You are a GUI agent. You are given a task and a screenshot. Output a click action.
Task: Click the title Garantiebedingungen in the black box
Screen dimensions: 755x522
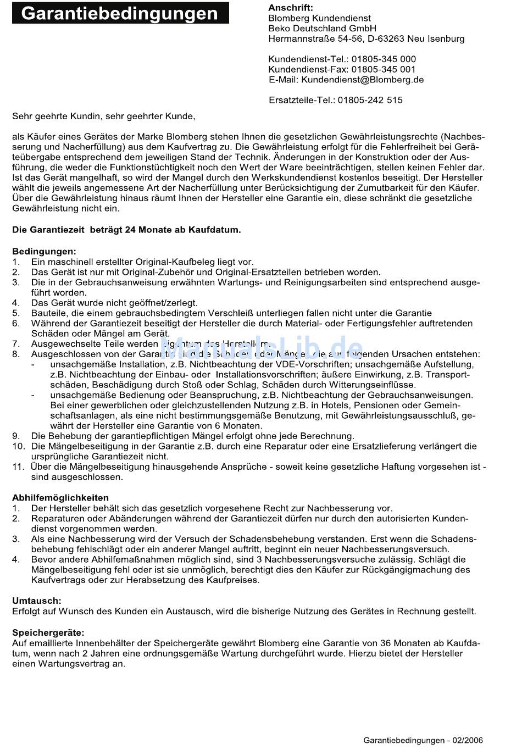point(120,13)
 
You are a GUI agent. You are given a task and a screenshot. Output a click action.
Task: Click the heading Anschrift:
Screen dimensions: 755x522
point(290,8)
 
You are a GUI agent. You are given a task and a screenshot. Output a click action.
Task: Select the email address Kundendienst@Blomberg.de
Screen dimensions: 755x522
point(362,80)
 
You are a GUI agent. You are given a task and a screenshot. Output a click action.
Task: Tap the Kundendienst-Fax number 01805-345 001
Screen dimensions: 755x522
point(384,69)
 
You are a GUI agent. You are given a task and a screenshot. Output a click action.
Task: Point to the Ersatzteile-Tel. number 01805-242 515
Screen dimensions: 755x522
point(370,100)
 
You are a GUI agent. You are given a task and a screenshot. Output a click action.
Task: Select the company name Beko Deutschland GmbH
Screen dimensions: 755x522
point(322,28)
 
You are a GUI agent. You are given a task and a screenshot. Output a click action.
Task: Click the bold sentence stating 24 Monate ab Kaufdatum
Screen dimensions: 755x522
point(126,230)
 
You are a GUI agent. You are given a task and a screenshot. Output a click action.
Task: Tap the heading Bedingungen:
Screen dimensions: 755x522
point(45,252)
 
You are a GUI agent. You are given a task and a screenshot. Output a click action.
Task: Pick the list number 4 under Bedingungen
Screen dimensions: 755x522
point(16,303)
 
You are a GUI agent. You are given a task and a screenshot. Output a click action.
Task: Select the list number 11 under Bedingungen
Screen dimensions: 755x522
point(18,467)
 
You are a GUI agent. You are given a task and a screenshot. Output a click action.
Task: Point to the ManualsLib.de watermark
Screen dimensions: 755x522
point(262,348)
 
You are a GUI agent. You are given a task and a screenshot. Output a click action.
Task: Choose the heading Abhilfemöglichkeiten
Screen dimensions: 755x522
point(60,498)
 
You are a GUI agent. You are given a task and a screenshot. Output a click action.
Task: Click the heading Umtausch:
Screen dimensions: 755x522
point(37,601)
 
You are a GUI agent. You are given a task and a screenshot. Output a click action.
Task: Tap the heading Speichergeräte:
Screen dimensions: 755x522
point(48,633)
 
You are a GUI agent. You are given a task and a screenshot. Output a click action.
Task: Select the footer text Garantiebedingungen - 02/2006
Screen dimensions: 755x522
point(423,740)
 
